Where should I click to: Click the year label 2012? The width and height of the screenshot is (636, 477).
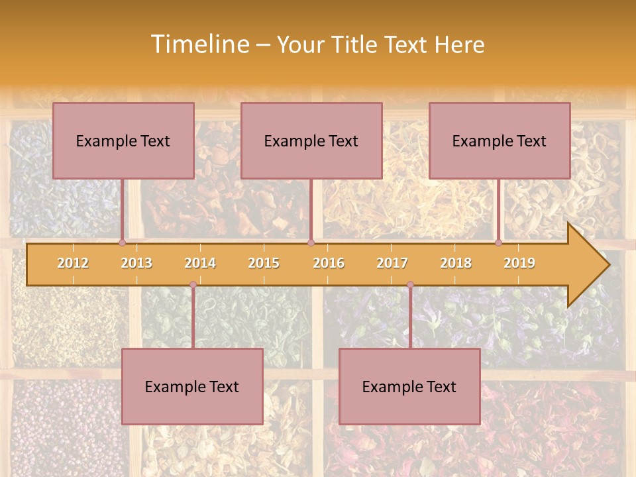point(73,263)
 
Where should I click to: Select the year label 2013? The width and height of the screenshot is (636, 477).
point(136,263)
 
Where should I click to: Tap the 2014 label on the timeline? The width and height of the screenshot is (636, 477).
point(200,263)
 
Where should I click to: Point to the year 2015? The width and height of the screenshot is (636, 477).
point(264,263)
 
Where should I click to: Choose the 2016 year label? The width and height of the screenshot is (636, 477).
point(329,263)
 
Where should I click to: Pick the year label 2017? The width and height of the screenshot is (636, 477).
point(392,263)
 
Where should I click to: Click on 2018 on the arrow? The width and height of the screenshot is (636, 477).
point(456,263)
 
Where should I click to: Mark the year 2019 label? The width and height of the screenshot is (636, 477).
point(519,263)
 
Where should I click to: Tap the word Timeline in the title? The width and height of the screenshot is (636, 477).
point(198,44)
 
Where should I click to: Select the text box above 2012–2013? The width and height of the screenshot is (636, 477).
point(123,140)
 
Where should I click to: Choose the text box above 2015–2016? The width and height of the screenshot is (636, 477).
point(311,140)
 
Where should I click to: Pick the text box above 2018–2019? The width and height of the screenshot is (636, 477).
point(500,140)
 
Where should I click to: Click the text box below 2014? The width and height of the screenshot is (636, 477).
point(192,386)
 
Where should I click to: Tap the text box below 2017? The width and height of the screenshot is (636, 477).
point(409,386)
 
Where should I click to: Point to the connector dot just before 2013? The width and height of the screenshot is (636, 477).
point(122,242)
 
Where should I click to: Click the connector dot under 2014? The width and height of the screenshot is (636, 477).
point(193,284)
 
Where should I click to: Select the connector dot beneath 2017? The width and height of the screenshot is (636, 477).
point(410,284)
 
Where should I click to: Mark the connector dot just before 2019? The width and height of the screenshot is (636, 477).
point(498,242)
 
